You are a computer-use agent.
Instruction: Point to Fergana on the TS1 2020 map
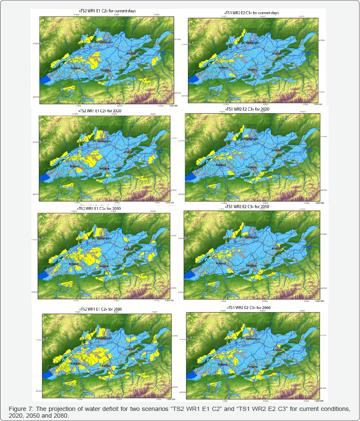point(251,167)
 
